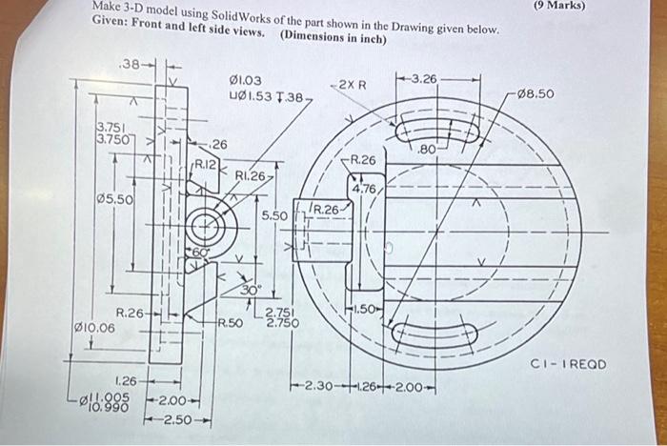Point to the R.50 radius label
(231, 324)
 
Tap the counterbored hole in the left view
(202, 227)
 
